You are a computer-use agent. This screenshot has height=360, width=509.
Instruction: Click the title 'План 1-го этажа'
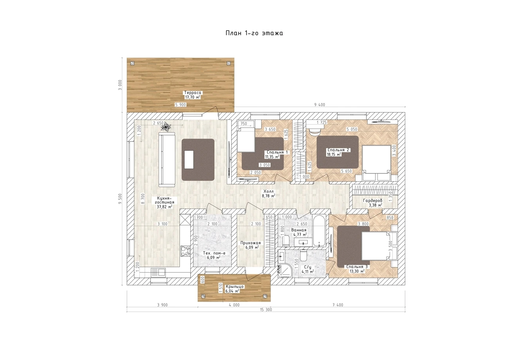[x=254, y=33]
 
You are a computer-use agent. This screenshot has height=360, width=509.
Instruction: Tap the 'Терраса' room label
[x=193, y=93]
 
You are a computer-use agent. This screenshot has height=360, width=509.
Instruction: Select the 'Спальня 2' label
[x=338, y=150]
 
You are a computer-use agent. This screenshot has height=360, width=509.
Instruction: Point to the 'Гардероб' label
[x=373, y=201]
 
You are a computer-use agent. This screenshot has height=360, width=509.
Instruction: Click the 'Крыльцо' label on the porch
[x=235, y=287]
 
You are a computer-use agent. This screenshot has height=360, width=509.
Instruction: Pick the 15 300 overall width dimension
[x=266, y=309]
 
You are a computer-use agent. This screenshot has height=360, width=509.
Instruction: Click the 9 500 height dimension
[x=120, y=199]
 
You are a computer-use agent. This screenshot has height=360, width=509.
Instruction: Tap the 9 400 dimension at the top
[x=319, y=105]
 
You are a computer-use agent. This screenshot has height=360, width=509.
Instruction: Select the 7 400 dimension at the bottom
[x=338, y=305]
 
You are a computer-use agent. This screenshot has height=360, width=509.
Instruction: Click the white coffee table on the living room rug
[x=189, y=159]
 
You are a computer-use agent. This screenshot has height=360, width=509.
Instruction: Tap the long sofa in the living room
[x=167, y=159]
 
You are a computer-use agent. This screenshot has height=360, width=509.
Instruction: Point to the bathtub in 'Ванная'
[x=319, y=230]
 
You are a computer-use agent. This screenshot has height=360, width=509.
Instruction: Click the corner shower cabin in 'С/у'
[x=284, y=270]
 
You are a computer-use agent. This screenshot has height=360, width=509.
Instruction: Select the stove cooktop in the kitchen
[x=185, y=251]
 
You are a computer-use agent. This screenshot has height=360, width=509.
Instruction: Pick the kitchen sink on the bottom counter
[x=158, y=273]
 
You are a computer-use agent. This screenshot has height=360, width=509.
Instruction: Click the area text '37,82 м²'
[x=164, y=207]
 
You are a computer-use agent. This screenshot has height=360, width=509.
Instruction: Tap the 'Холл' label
[x=269, y=192]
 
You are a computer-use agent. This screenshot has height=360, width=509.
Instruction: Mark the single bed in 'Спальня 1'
[x=246, y=139]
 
